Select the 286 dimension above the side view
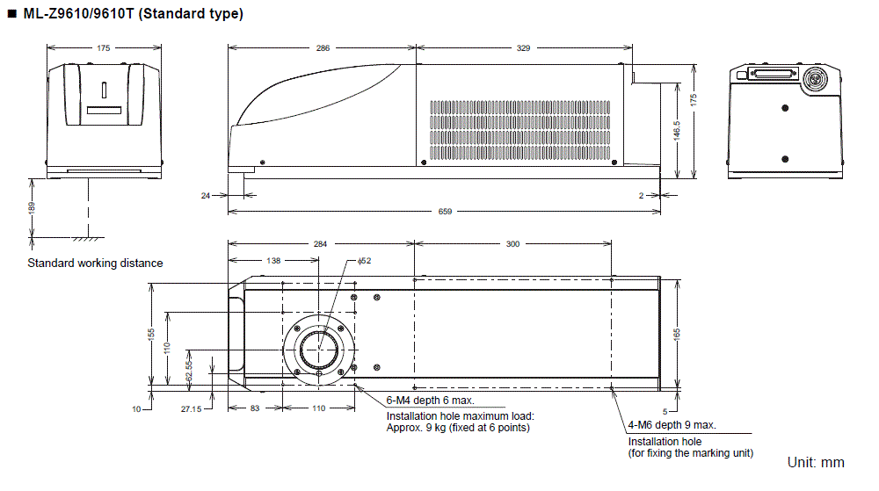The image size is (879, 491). tap(323, 48)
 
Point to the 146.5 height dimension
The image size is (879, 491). tap(676, 129)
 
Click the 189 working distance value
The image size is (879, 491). tap(33, 207)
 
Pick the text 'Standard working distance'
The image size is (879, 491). tap(95, 263)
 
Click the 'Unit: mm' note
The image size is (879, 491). tap(816, 462)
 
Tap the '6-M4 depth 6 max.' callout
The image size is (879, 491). tap(430, 400)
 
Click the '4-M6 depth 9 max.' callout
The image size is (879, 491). tap(672, 424)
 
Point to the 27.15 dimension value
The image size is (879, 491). tap(190, 408)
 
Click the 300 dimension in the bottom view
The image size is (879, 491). tap(512, 244)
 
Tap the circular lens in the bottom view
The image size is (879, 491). tap(322, 350)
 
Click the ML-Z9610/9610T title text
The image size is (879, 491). tap(131, 13)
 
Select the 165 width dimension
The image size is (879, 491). tap(676, 333)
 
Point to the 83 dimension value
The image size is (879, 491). tap(254, 408)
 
